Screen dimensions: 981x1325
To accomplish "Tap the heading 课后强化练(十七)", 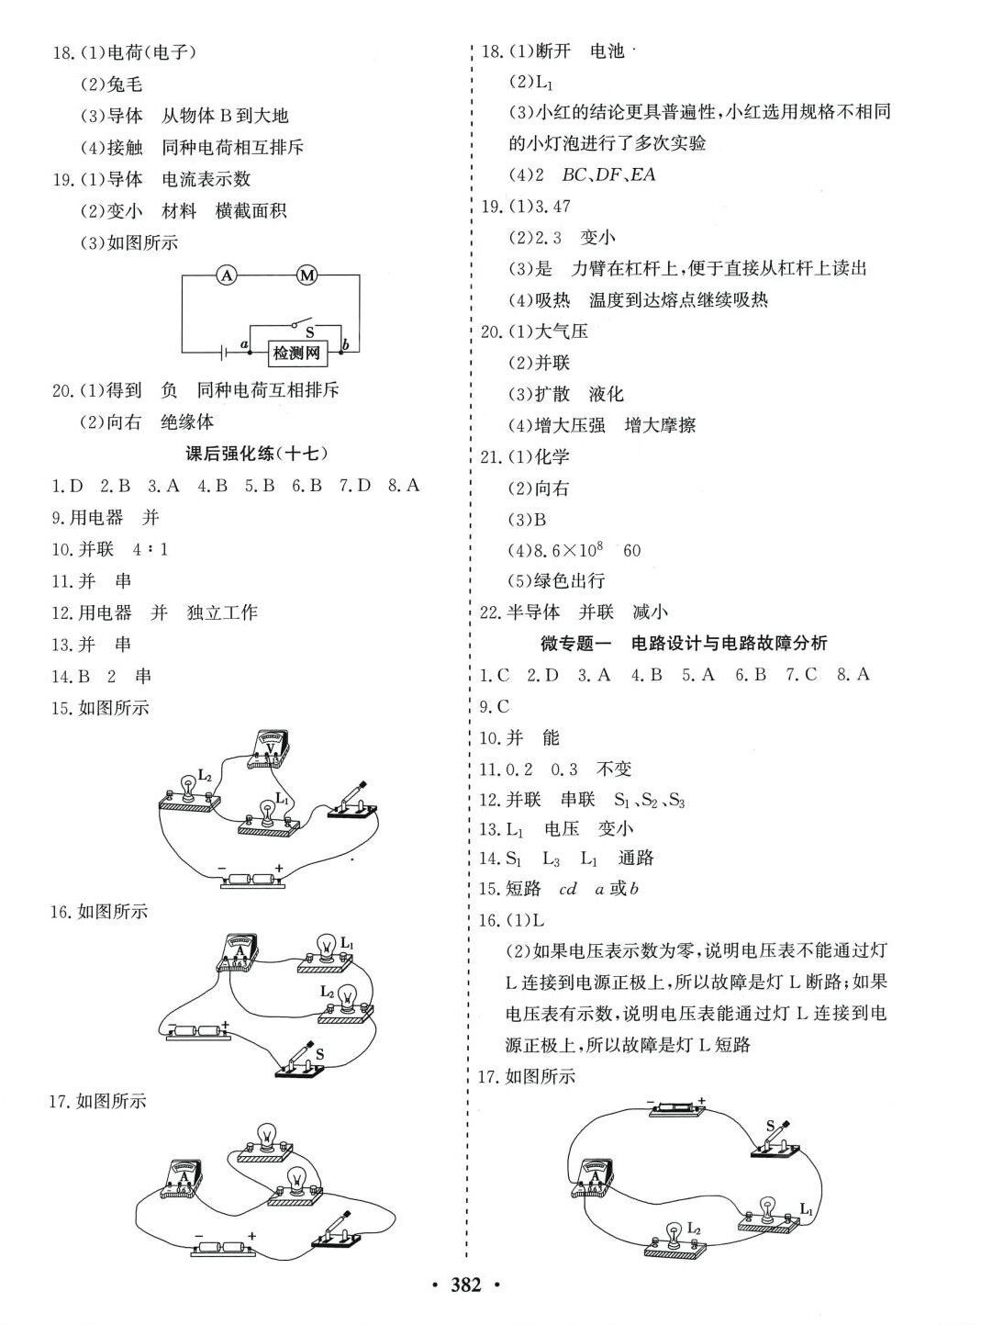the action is click(x=258, y=453).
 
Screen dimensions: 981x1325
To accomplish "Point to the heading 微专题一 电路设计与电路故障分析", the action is click(x=684, y=643).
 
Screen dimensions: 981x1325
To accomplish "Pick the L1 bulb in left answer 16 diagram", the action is click(x=327, y=947).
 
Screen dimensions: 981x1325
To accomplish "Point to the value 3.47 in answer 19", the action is click(x=552, y=207).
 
